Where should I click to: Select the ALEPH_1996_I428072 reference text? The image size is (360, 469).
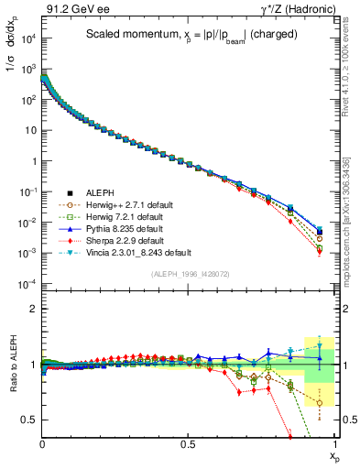click(x=189, y=273)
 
